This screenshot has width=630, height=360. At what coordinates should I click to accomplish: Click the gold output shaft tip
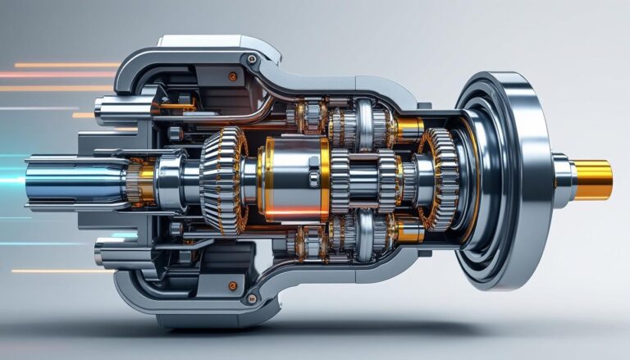[592, 180]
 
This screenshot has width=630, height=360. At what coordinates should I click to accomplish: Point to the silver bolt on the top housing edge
[251, 59]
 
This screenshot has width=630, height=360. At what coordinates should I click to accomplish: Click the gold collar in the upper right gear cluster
[408, 127]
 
